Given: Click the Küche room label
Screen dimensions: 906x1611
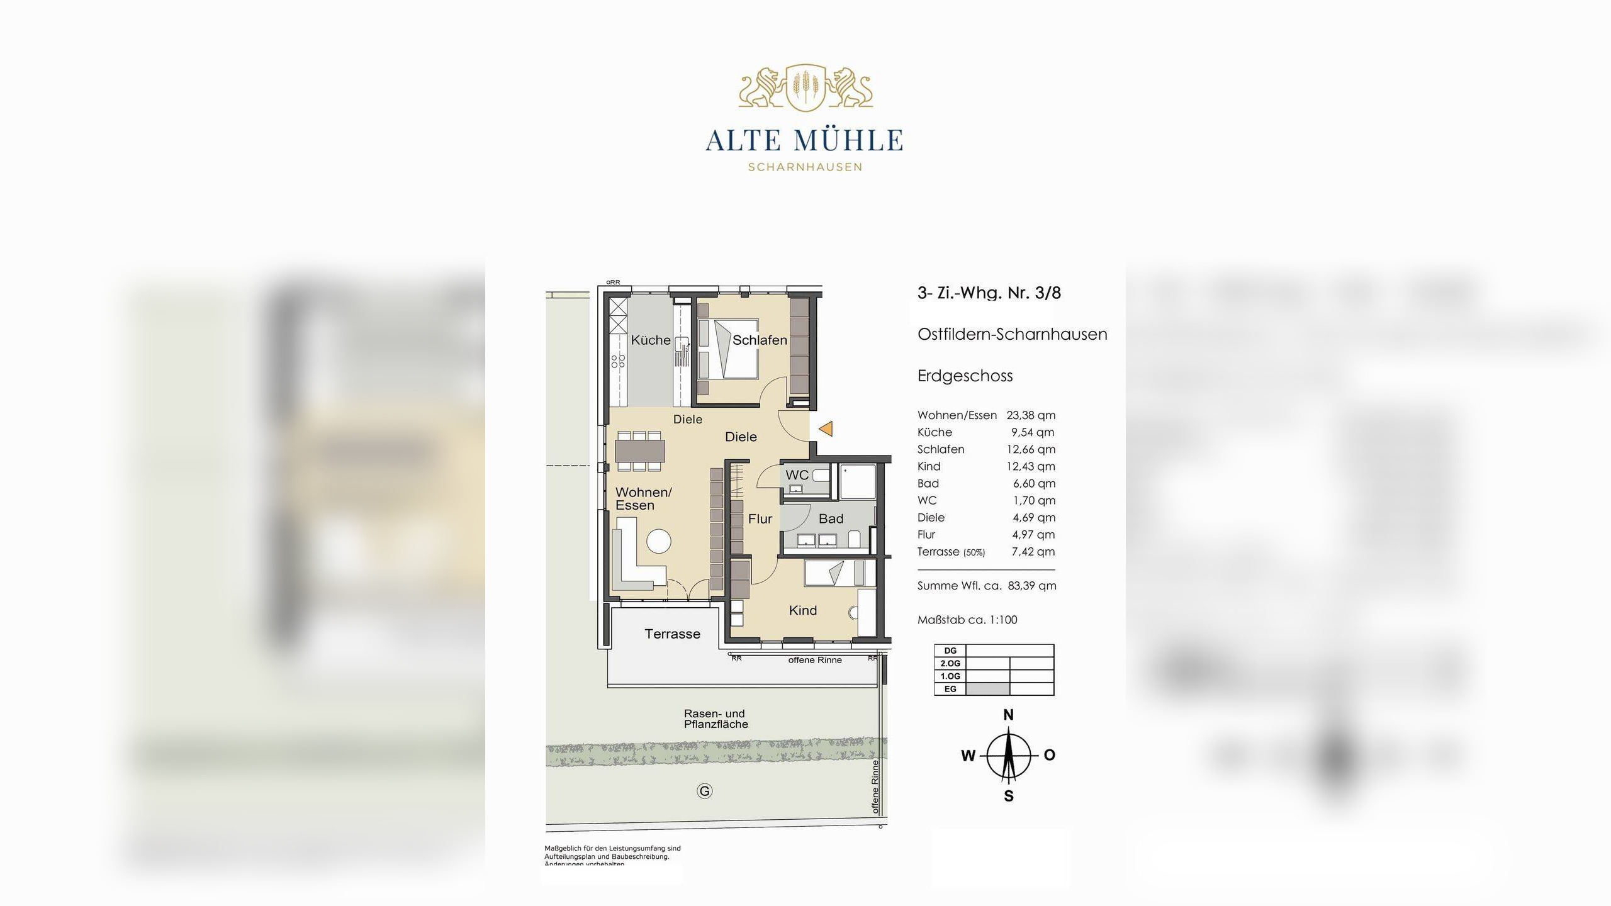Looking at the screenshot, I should (651, 340).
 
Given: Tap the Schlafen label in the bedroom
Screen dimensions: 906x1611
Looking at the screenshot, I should (760, 340).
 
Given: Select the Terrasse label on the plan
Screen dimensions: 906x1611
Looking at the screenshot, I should (672, 634).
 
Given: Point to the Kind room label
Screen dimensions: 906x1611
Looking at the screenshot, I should (802, 610).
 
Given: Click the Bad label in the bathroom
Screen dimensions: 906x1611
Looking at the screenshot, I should (831, 519).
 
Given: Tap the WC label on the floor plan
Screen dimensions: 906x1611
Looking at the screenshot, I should (797, 475).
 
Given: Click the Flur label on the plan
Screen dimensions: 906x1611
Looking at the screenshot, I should (760, 519).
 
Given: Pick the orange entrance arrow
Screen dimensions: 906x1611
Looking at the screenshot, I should (826, 429).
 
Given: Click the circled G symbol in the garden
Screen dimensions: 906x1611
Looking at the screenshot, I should (704, 791).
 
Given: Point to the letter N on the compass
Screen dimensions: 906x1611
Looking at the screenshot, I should (1008, 715).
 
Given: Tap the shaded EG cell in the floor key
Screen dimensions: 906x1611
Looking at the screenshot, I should (987, 689).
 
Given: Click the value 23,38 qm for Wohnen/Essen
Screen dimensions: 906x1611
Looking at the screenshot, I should (1031, 415).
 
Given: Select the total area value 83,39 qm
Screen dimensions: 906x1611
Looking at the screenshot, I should (1032, 586).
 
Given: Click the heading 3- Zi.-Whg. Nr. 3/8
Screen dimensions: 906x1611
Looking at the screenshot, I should (989, 293).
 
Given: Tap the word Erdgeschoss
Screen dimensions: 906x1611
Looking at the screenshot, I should (965, 376).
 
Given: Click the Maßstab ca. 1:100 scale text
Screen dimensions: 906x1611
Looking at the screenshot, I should (967, 620).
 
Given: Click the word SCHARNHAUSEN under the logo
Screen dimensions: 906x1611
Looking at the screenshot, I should (805, 167).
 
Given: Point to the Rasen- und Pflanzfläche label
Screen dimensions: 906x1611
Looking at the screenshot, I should (716, 719).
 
